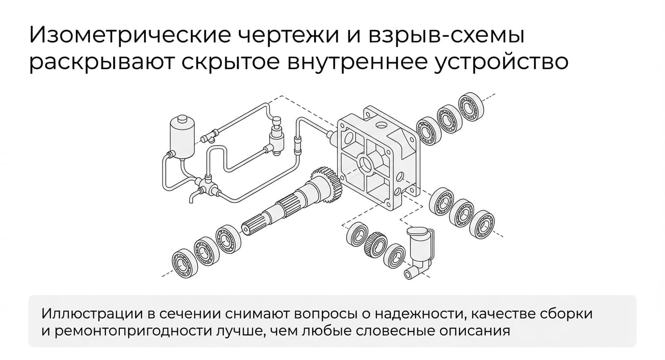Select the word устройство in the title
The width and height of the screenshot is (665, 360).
(501, 63)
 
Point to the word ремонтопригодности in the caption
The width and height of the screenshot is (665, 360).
(133, 331)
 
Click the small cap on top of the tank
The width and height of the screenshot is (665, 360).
(181, 119)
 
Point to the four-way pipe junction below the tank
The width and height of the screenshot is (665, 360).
(205, 185)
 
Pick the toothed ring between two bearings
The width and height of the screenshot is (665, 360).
(375, 246)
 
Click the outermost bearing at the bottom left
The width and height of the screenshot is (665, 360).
(185, 263)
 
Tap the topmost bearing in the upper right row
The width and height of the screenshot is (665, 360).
(471, 107)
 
